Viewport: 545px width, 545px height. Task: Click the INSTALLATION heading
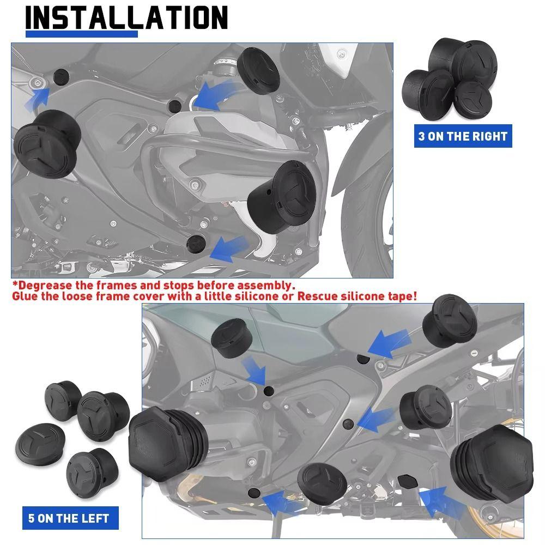126,18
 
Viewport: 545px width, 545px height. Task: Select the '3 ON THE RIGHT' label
462,136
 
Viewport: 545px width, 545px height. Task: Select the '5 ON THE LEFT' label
69,518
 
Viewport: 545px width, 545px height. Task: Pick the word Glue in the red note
26,296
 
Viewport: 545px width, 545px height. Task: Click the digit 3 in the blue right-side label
421,136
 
